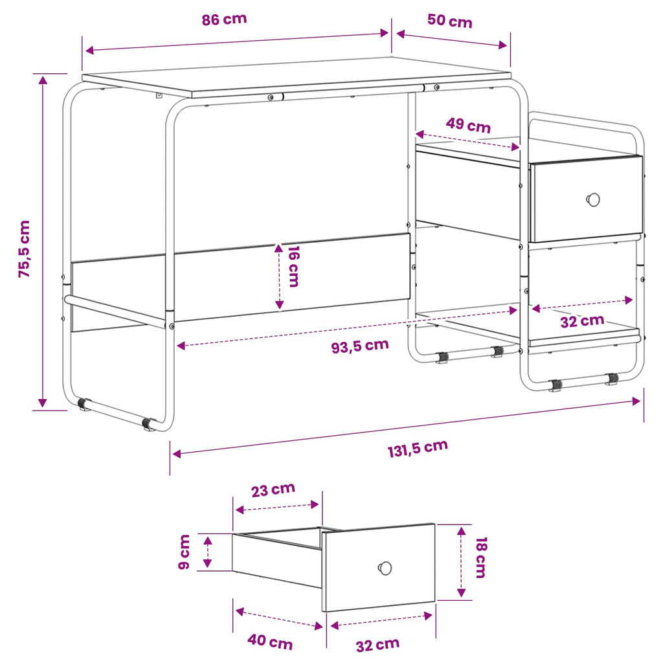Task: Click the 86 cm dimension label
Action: point(224,19)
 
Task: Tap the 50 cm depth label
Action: point(449,21)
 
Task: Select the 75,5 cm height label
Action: point(24,249)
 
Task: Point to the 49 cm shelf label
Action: point(468,125)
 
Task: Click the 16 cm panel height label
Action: point(293,266)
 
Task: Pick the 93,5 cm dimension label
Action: point(360,346)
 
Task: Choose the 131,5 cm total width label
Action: point(418,448)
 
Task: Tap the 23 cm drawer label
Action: point(273,489)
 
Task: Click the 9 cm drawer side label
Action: point(185,552)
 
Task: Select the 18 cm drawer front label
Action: point(481,557)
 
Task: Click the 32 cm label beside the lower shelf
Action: point(582,321)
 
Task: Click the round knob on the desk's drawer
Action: point(593,199)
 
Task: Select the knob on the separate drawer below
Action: point(385,568)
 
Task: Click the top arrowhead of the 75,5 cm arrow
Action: point(43,80)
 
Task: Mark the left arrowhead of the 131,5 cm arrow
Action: point(177,454)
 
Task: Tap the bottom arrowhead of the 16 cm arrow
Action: point(279,304)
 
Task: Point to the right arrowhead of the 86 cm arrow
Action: point(385,33)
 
